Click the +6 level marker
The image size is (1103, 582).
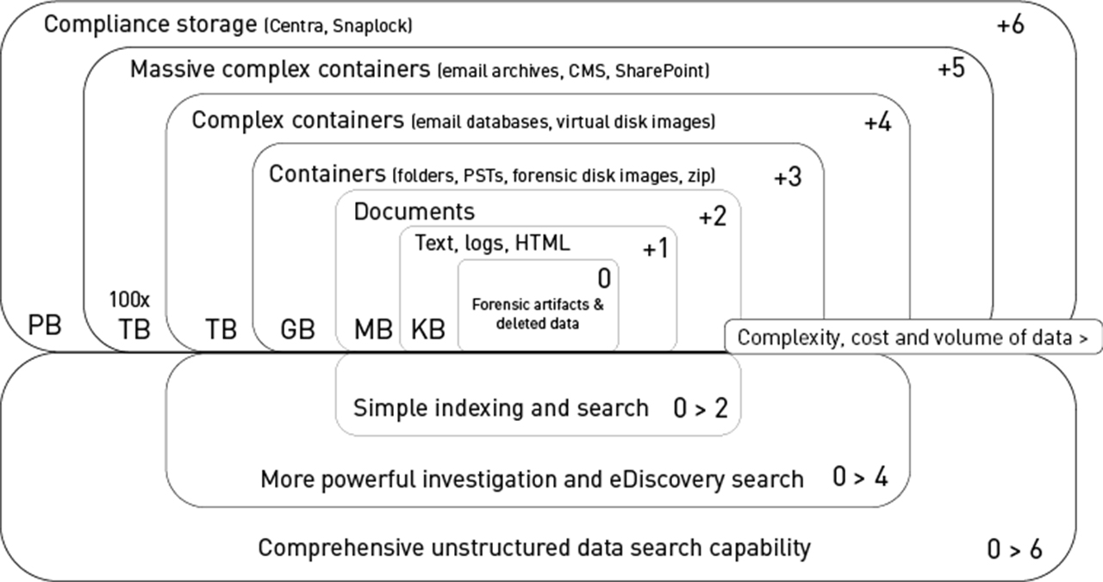pyautogui.click(x=1010, y=26)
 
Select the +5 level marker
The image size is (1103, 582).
pyautogui.click(x=950, y=70)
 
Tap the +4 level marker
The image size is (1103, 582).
pyautogui.click(x=877, y=123)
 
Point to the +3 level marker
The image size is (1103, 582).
pyautogui.click(x=787, y=178)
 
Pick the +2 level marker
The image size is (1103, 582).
pyautogui.click(x=712, y=216)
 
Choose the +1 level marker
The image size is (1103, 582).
pyautogui.click(x=655, y=249)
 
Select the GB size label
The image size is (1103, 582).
pyautogui.click(x=297, y=330)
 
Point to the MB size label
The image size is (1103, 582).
pyautogui.click(x=374, y=330)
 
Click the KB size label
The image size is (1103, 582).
pyautogui.click(x=428, y=330)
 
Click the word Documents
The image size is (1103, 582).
pyautogui.click(x=414, y=212)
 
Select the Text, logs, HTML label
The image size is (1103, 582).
pyautogui.click(x=492, y=244)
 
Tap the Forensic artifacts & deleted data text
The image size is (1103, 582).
pyautogui.click(x=536, y=313)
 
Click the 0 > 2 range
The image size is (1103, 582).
pyautogui.click(x=700, y=407)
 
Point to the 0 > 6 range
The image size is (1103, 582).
pyautogui.click(x=1014, y=548)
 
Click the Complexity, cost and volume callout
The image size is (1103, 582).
pyautogui.click(x=913, y=337)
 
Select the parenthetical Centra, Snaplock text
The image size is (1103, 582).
pyautogui.click(x=339, y=27)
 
